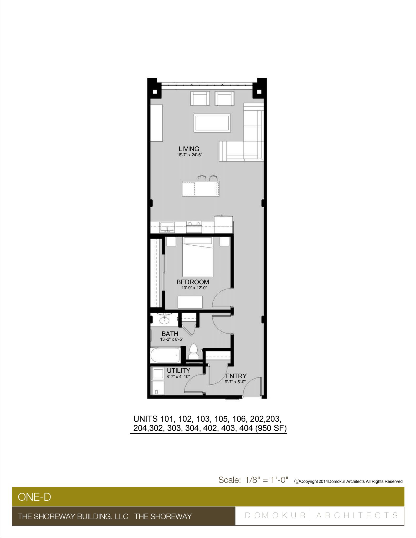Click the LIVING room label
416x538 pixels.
coord(189,149)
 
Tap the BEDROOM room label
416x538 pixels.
coord(193,282)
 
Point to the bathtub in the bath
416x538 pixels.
coord(165,355)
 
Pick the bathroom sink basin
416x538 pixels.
coord(165,320)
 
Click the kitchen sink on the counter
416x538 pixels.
coord(167,227)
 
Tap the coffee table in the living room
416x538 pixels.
coord(212,123)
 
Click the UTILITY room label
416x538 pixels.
coord(178,370)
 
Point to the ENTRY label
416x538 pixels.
coord(236,376)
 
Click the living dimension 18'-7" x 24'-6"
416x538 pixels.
coord(189,155)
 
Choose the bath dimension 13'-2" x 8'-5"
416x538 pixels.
coord(172,339)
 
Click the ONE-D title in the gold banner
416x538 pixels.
coord(34,497)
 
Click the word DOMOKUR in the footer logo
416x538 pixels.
coord(275,515)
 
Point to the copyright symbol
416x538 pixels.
coord(297,481)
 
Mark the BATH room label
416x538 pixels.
coord(170,334)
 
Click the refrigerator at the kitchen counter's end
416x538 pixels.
coord(223,224)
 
